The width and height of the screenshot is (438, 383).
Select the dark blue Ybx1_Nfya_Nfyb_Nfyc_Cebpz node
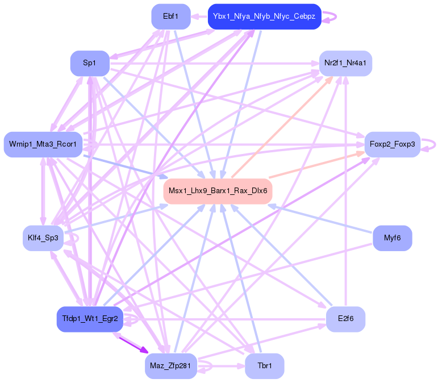(265, 16)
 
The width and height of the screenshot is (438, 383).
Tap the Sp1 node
(89, 63)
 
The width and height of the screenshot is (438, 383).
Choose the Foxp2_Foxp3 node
(392, 144)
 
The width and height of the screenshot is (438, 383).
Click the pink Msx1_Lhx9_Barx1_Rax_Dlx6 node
(218, 190)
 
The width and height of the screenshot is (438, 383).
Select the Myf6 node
(392, 238)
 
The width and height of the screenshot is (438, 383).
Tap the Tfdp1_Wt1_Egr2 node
(90, 319)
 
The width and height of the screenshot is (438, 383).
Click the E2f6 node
(345, 319)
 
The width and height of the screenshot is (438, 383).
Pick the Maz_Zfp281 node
(170, 365)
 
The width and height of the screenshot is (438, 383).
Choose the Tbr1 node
(264, 365)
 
